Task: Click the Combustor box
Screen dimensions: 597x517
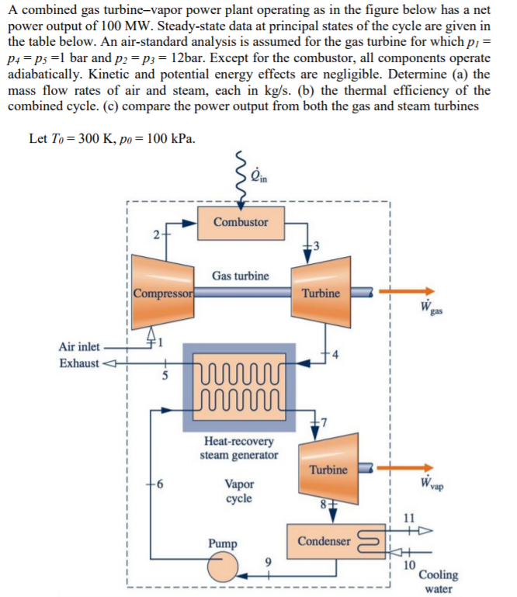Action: pos(241,222)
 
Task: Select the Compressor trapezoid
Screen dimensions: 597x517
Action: pos(162,293)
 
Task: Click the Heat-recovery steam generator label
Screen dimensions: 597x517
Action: pos(238,448)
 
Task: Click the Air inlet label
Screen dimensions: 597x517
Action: pos(78,347)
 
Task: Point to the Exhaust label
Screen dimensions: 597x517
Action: pos(78,363)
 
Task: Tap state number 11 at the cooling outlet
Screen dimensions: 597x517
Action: pos(410,518)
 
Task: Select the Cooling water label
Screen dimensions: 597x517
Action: pos(438,581)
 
